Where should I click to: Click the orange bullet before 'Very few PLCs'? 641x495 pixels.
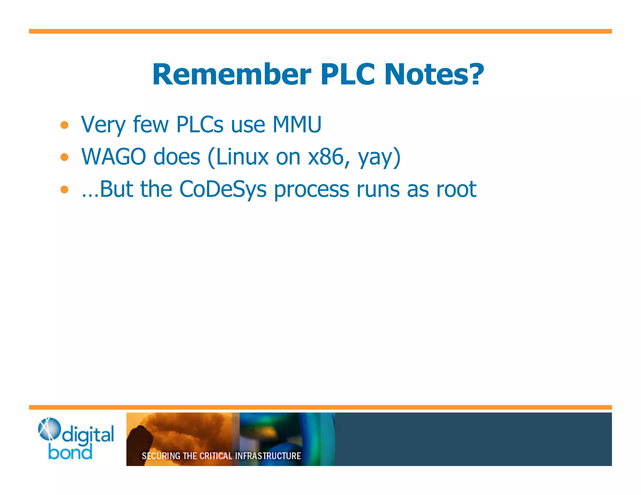64,125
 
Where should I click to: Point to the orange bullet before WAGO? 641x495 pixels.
64,157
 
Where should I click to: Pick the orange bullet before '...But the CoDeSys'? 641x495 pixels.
64,189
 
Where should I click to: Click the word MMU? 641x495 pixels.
297,125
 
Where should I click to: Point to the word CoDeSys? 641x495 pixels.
223,189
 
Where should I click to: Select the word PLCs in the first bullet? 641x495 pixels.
200,125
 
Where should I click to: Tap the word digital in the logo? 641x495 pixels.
88,435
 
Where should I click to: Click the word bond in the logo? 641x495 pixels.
70,452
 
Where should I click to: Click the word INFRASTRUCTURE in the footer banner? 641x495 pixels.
268,456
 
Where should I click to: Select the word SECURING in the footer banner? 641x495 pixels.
161,456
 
